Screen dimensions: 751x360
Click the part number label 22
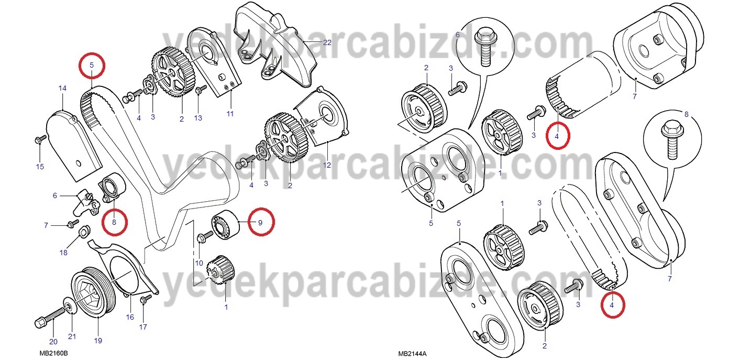point(327,42)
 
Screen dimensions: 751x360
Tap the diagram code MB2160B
point(53,353)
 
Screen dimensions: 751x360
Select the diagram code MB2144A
point(412,354)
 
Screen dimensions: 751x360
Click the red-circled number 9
point(260,222)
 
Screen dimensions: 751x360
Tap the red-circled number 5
point(92,65)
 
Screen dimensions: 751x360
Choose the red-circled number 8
point(114,222)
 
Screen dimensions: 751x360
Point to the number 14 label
point(62,88)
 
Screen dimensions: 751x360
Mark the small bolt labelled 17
point(146,299)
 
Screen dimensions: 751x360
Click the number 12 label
point(327,165)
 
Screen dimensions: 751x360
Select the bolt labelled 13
point(201,89)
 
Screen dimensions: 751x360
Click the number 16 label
point(130,317)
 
